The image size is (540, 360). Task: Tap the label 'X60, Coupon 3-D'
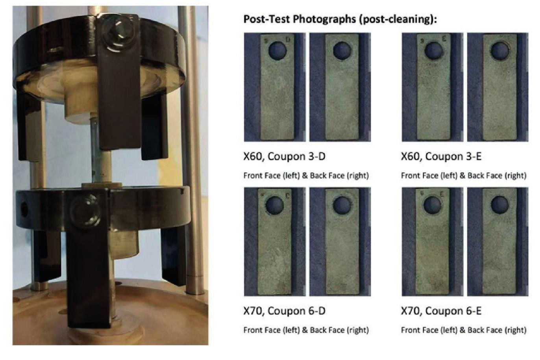coord(285,157)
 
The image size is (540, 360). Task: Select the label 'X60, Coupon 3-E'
coord(441,157)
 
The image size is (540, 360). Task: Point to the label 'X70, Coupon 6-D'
coord(285,311)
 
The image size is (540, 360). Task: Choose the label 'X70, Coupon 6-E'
coord(441,311)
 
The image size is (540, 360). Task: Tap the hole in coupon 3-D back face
coord(342,51)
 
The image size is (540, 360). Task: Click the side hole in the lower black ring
coord(24,209)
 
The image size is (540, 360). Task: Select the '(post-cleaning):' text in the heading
coord(398,19)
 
